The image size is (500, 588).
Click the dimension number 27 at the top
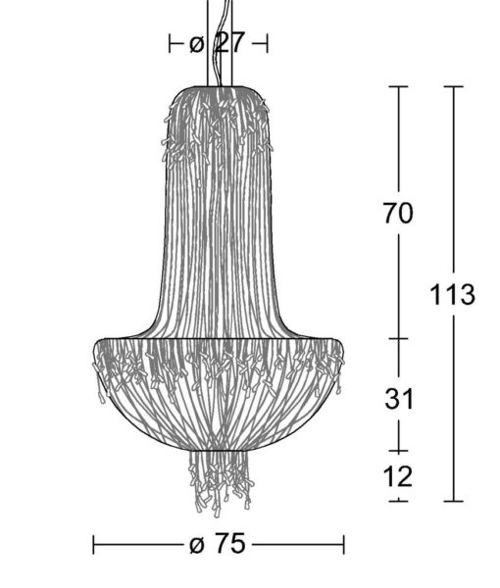pyautogui.click(x=230, y=43)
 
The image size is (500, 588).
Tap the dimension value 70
pyautogui.click(x=398, y=213)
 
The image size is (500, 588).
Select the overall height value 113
pyautogui.click(x=452, y=294)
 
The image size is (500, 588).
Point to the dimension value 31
pyautogui.click(x=399, y=399)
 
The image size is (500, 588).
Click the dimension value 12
pyautogui.click(x=398, y=476)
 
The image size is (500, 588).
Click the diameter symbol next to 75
pyautogui.click(x=197, y=545)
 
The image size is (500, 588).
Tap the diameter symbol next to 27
pyautogui.click(x=196, y=45)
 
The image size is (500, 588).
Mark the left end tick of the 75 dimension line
pyautogui.click(x=93, y=545)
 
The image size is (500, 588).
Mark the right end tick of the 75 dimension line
pyautogui.click(x=343, y=545)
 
